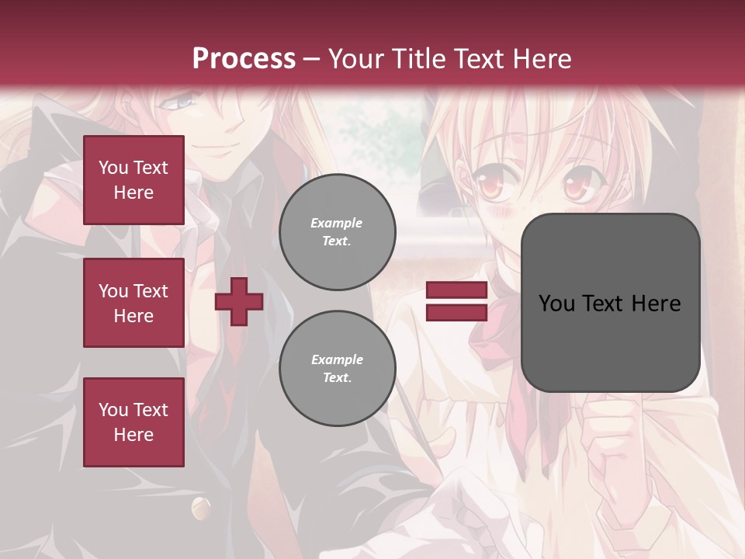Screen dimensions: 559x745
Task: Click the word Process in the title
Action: coord(244,59)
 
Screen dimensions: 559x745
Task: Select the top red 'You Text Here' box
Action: coord(133,180)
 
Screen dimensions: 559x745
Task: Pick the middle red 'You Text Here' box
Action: coord(133,303)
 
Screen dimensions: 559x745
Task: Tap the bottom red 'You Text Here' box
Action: coord(133,422)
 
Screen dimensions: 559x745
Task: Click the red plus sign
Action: coord(239,301)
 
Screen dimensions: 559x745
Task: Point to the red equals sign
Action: coord(457,301)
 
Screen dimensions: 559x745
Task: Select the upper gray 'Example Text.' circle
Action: coord(337,232)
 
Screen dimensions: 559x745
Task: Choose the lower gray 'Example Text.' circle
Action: coord(337,369)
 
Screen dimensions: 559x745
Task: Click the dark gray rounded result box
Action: coord(610,303)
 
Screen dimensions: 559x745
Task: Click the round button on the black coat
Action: coord(201,508)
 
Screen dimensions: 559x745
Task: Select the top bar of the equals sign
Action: coord(457,290)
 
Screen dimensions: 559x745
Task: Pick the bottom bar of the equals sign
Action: coord(457,312)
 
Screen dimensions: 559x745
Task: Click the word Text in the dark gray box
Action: coord(609,304)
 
